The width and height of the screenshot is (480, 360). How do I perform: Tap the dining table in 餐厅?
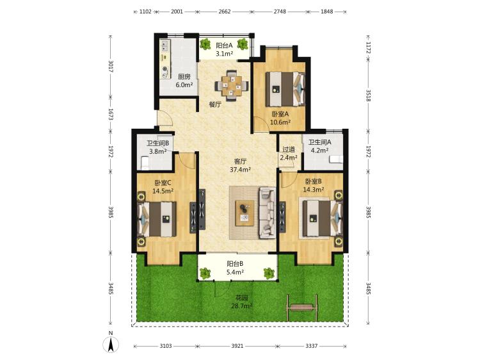[x=231, y=85]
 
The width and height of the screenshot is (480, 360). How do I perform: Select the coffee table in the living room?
[x=244, y=213]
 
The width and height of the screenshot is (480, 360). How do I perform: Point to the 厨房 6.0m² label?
[x=184, y=81]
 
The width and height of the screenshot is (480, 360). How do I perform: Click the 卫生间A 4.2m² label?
[x=319, y=147]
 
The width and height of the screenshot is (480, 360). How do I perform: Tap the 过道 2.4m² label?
[x=289, y=154]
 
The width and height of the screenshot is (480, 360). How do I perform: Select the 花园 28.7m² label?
[x=241, y=302]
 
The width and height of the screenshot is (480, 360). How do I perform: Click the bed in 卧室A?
[x=285, y=89]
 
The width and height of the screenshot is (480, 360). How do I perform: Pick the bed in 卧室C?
[x=157, y=219]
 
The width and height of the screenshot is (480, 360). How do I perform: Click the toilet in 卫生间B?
[x=145, y=163]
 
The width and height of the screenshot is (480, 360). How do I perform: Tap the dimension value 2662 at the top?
[x=225, y=12]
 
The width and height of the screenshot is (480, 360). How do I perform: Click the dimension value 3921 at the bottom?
[x=237, y=346]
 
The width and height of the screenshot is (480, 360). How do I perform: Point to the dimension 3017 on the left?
[x=111, y=67]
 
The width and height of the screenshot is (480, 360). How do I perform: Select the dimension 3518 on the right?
[x=369, y=95]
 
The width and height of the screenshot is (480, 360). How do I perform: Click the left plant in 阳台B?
[x=205, y=273]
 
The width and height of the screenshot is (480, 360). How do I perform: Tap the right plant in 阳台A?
[x=243, y=44]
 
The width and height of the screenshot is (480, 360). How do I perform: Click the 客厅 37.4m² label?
[x=240, y=165]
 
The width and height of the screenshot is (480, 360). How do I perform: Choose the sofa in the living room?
[x=268, y=213]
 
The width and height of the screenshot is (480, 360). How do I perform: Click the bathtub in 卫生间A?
[x=336, y=160]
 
